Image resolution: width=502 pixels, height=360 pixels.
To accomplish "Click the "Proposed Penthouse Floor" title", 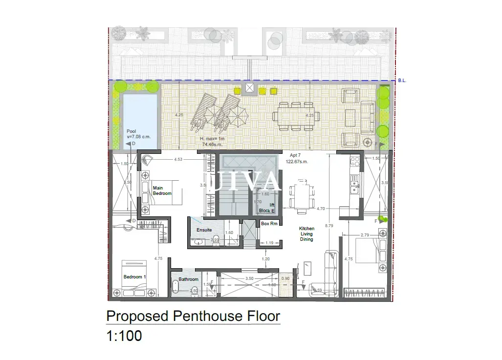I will (x=193, y=316).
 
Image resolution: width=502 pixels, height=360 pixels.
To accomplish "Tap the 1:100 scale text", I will (x=124, y=336).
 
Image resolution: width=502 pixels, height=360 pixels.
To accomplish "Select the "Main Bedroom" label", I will (x=162, y=191).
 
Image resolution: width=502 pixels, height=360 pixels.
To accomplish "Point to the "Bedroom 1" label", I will (x=134, y=277).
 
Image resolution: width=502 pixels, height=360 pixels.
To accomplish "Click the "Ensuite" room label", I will (x=204, y=230).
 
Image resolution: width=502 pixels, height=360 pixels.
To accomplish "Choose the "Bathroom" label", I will (x=189, y=279).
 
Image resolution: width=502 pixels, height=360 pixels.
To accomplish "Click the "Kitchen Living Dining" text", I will (x=306, y=234).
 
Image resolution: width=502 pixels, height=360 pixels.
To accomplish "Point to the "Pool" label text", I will (x=131, y=131).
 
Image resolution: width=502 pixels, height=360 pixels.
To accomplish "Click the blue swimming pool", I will (x=140, y=117).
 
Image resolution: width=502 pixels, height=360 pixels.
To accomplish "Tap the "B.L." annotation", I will (x=402, y=80).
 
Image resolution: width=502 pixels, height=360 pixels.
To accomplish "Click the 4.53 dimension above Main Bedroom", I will (x=178, y=159).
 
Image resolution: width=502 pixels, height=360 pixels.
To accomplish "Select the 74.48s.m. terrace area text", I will (x=212, y=144).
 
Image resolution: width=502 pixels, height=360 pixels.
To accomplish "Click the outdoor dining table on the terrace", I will (x=295, y=117).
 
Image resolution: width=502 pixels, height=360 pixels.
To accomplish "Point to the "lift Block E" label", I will (x=266, y=208).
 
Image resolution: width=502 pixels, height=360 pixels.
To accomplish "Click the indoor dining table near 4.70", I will (x=300, y=196).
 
